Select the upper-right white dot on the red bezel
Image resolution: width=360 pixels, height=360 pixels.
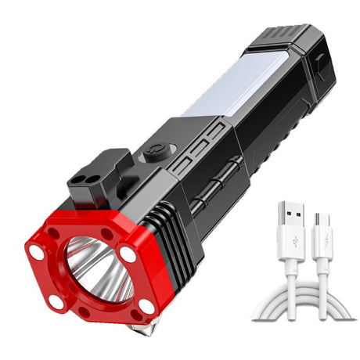tap(128, 254)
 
